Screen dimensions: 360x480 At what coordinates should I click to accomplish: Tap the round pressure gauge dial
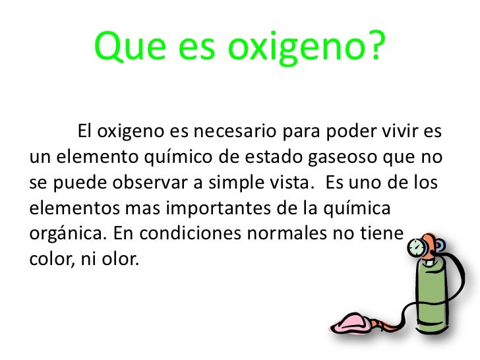(x=415, y=249)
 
